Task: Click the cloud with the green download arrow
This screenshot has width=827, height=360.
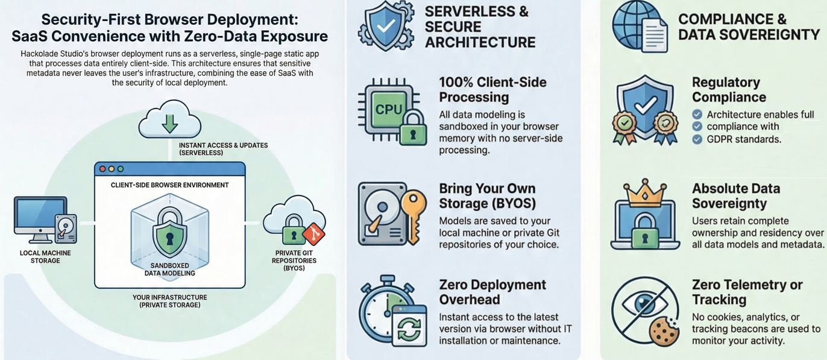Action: pos(169,121)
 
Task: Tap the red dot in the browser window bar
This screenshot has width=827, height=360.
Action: pos(102,169)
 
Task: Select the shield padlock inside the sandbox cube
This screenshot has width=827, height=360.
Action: pos(169,232)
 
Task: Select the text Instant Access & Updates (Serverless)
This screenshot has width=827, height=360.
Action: pos(223,149)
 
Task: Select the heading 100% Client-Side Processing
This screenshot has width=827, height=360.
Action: pos(492,89)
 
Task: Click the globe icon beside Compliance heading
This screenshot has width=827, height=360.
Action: pos(630,24)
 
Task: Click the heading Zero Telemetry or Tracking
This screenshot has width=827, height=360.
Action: pos(747,292)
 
